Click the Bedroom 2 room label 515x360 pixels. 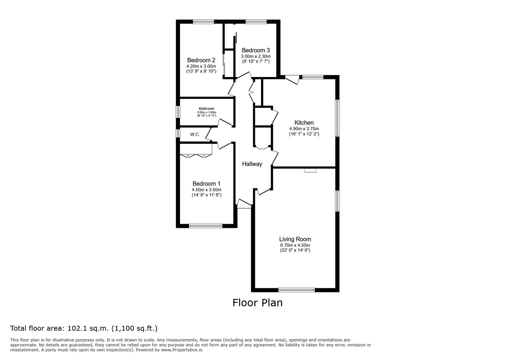coord(201,60)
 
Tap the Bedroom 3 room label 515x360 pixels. coord(255,50)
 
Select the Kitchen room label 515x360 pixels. coord(304,123)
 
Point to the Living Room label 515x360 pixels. coord(295,239)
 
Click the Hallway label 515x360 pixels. coord(252,164)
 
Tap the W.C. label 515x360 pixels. coord(195,135)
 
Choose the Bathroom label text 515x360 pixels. coord(206,109)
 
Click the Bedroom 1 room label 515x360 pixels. coord(206,184)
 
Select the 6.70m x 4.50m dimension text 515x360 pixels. coord(295,245)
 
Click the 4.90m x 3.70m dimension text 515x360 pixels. coord(304,129)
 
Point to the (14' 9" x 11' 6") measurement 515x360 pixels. coord(206,195)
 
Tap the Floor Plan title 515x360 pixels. coord(257,303)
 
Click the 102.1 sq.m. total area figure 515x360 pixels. coord(88,328)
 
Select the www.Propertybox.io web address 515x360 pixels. coord(182,350)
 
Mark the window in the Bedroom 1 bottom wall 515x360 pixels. coord(206,226)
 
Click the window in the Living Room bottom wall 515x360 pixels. coord(297,290)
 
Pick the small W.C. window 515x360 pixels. coord(178,133)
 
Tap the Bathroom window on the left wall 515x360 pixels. coord(178,112)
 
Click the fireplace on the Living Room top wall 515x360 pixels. coord(311,170)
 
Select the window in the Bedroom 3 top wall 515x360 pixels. coord(256,22)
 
